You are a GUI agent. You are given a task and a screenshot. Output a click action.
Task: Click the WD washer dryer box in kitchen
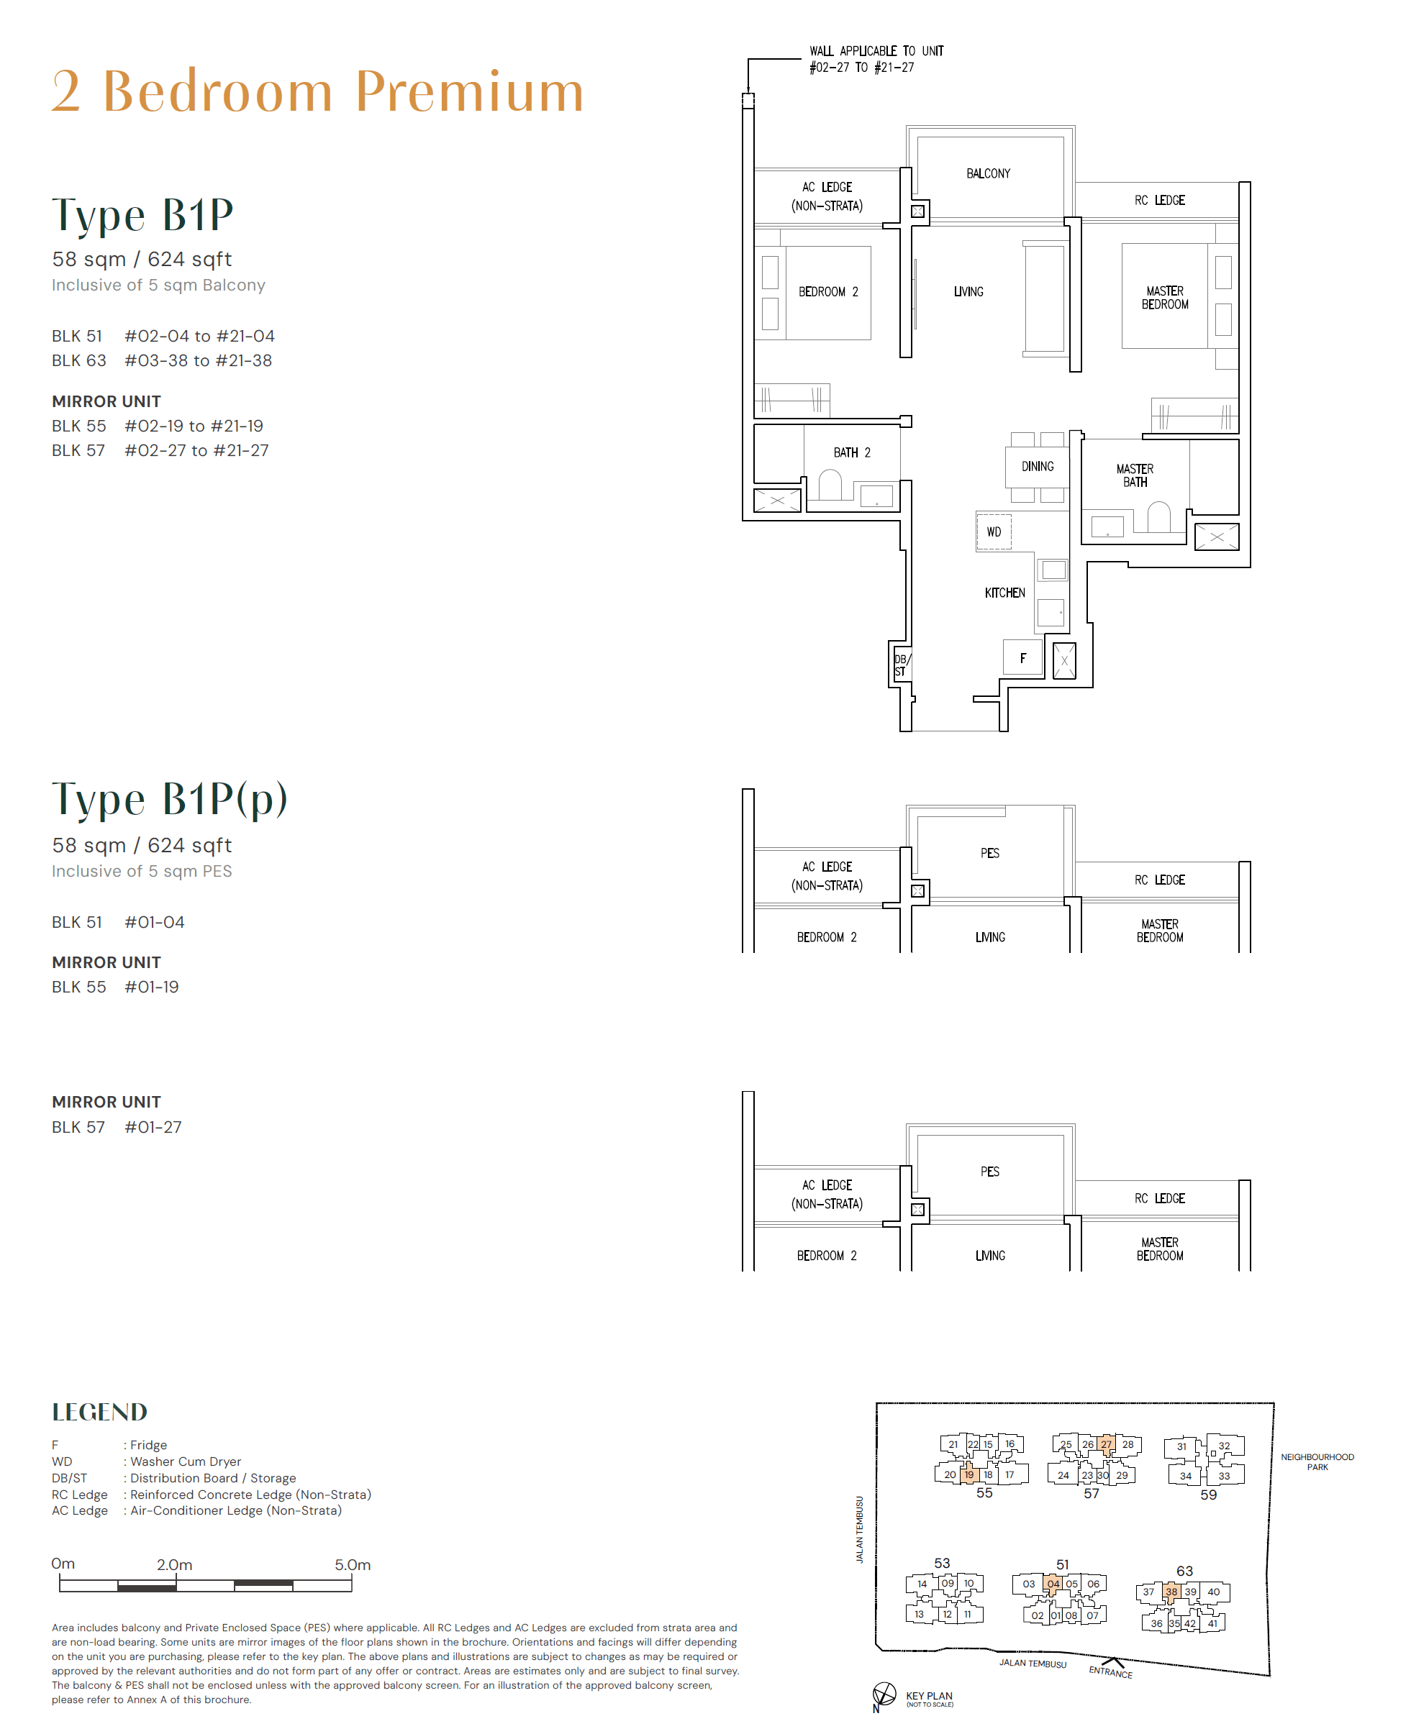tap(993, 532)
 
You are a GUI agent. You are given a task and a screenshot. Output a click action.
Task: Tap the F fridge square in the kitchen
tap(1022, 658)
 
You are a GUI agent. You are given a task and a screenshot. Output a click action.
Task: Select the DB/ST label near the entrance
tap(902, 665)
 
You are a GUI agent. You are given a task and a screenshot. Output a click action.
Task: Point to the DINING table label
tap(1037, 466)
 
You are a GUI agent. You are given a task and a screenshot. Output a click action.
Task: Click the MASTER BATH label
tap(1135, 475)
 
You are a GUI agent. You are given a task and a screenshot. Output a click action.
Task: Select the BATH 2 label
tap(851, 452)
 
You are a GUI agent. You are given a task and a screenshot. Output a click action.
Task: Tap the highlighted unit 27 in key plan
tap(1106, 1443)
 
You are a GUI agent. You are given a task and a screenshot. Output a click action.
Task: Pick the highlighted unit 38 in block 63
tap(1171, 1592)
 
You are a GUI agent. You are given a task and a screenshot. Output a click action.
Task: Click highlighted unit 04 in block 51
tap(1053, 1584)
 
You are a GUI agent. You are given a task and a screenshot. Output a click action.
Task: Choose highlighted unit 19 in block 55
tap(968, 1474)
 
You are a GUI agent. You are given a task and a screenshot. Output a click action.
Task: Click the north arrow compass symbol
tap(884, 1694)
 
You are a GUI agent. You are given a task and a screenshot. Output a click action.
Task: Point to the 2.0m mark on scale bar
tap(175, 1565)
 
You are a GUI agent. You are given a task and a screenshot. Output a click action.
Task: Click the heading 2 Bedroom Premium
tap(318, 91)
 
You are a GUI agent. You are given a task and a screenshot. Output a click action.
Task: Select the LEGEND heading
tap(100, 1412)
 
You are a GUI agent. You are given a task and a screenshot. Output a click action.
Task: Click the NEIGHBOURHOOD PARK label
tap(1317, 1461)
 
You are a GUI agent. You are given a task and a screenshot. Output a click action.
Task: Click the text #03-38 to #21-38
tap(199, 361)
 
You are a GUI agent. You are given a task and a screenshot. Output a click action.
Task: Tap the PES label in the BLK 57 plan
tap(989, 1172)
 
